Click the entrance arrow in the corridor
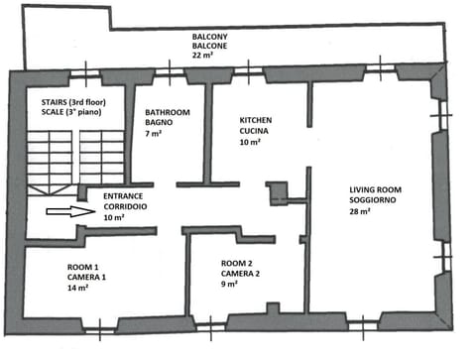[x=63, y=211]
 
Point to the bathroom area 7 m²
[x=154, y=134]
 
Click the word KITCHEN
[x=255, y=120]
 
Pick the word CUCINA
[x=254, y=131]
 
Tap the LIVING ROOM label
[x=375, y=188]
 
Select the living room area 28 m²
[x=360, y=210]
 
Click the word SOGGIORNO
[x=374, y=199]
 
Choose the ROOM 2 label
[x=240, y=263]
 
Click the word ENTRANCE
[x=123, y=196]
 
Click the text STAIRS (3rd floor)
[x=67, y=102]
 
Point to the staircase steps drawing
[x=64, y=159]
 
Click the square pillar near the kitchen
[x=279, y=193]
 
